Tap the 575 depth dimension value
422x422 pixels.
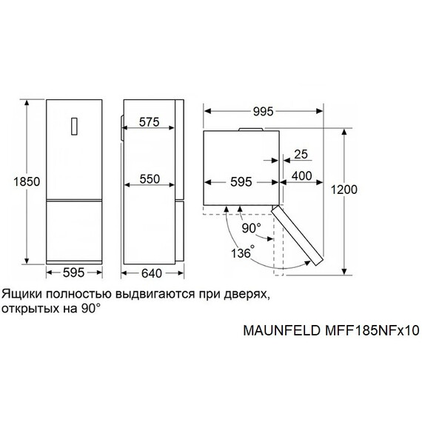(148, 123)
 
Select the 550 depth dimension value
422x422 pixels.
(148, 180)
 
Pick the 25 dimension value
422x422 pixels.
(301, 155)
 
